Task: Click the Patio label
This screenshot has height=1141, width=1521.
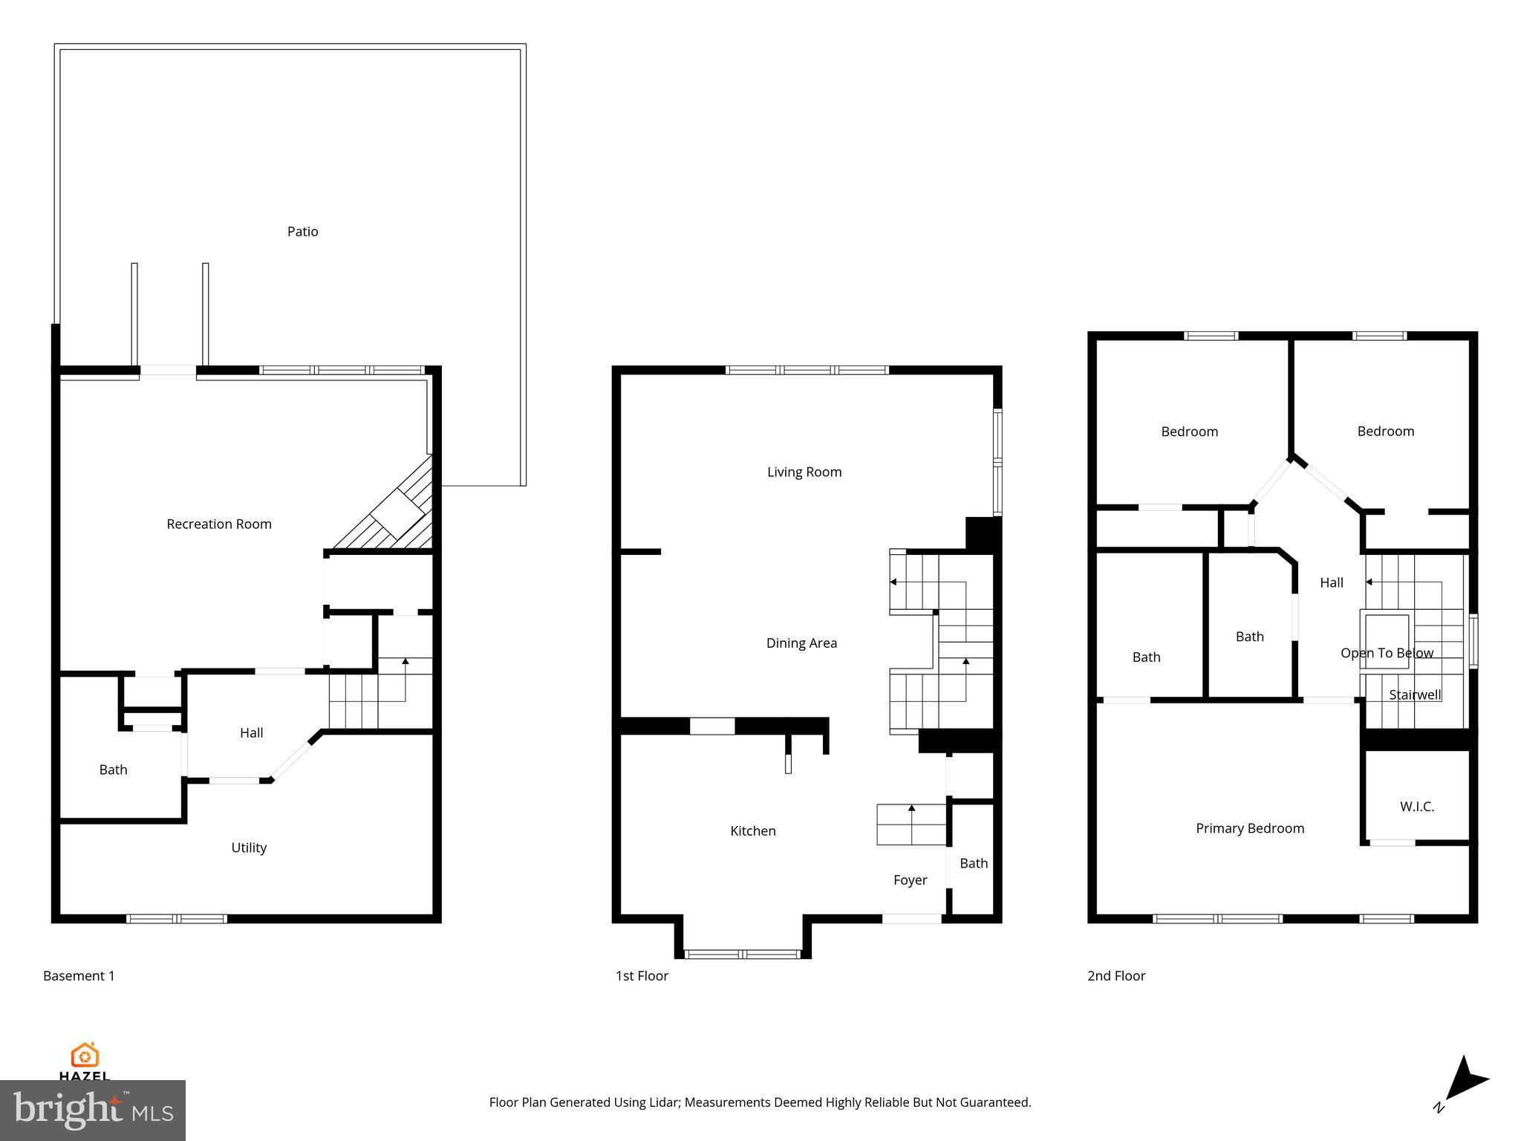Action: (302, 232)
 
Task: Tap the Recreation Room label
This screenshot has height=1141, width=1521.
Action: (219, 524)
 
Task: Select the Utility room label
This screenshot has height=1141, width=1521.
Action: (249, 848)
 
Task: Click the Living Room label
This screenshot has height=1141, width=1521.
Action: (804, 472)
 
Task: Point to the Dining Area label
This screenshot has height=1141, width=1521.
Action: (801, 643)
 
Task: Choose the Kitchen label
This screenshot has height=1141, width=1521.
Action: (753, 831)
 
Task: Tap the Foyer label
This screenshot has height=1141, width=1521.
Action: (910, 880)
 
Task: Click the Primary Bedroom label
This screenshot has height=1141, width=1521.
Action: (1250, 828)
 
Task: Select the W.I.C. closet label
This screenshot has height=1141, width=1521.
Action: (1417, 807)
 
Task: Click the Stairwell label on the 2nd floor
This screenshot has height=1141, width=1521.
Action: (1415, 695)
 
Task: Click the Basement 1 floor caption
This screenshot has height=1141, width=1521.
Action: (79, 976)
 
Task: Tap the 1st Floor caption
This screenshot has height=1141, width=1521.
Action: (642, 976)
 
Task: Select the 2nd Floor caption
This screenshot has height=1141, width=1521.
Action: (1116, 976)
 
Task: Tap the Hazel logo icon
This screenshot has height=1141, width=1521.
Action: (85, 1055)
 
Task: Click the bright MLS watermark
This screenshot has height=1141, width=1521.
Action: (93, 1110)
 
